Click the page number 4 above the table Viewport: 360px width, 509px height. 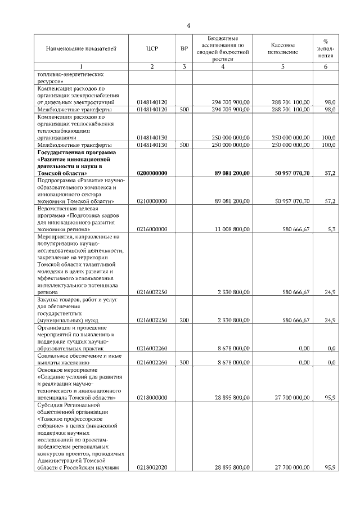click(188, 26)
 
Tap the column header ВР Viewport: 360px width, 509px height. click(184, 49)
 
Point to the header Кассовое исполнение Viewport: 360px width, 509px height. click(282, 49)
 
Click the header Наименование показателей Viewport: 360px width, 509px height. click(82, 49)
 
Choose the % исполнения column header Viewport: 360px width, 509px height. click(326, 49)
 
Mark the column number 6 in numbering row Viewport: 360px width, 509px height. click(326, 67)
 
